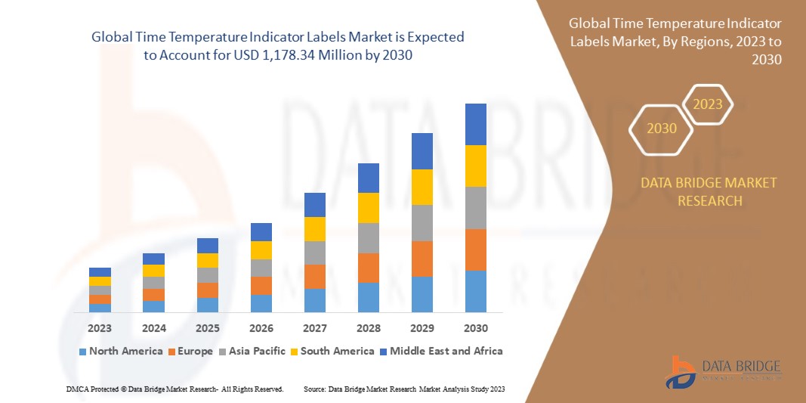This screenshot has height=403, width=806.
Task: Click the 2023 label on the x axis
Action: point(100,328)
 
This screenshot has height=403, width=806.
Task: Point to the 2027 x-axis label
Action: point(314,328)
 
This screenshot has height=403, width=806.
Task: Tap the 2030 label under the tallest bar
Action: point(475,328)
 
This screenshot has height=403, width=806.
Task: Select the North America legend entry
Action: point(120,351)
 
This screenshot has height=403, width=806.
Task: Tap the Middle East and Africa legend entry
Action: point(441,351)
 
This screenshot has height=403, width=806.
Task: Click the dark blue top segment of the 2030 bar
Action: point(475,124)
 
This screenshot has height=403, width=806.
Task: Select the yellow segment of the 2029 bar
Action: point(422,187)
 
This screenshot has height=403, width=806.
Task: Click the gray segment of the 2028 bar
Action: point(368,237)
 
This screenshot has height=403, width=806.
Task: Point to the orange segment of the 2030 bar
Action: point(475,250)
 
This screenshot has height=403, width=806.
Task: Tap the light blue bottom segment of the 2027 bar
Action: point(314,300)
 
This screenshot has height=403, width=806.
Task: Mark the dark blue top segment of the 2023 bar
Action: point(100,272)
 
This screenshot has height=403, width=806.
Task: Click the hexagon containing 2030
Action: point(662,129)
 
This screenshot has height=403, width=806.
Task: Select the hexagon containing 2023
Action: point(708,104)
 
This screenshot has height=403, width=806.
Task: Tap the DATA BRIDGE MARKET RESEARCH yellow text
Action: point(709,192)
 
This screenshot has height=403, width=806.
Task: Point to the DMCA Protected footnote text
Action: point(174,389)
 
